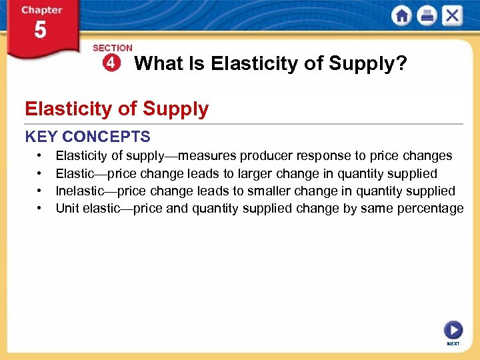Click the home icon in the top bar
(401, 16)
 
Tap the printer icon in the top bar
(427, 16)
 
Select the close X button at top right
(452, 16)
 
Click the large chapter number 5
(40, 31)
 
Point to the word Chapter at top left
(42, 11)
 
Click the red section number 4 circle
(111, 63)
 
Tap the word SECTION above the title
(113, 48)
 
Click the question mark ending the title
(402, 64)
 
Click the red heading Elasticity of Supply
(117, 109)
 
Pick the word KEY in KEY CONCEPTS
(41, 137)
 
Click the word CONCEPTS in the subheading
(106, 137)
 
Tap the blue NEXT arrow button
(453, 331)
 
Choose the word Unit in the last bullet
(67, 209)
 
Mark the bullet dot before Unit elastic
(40, 209)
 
